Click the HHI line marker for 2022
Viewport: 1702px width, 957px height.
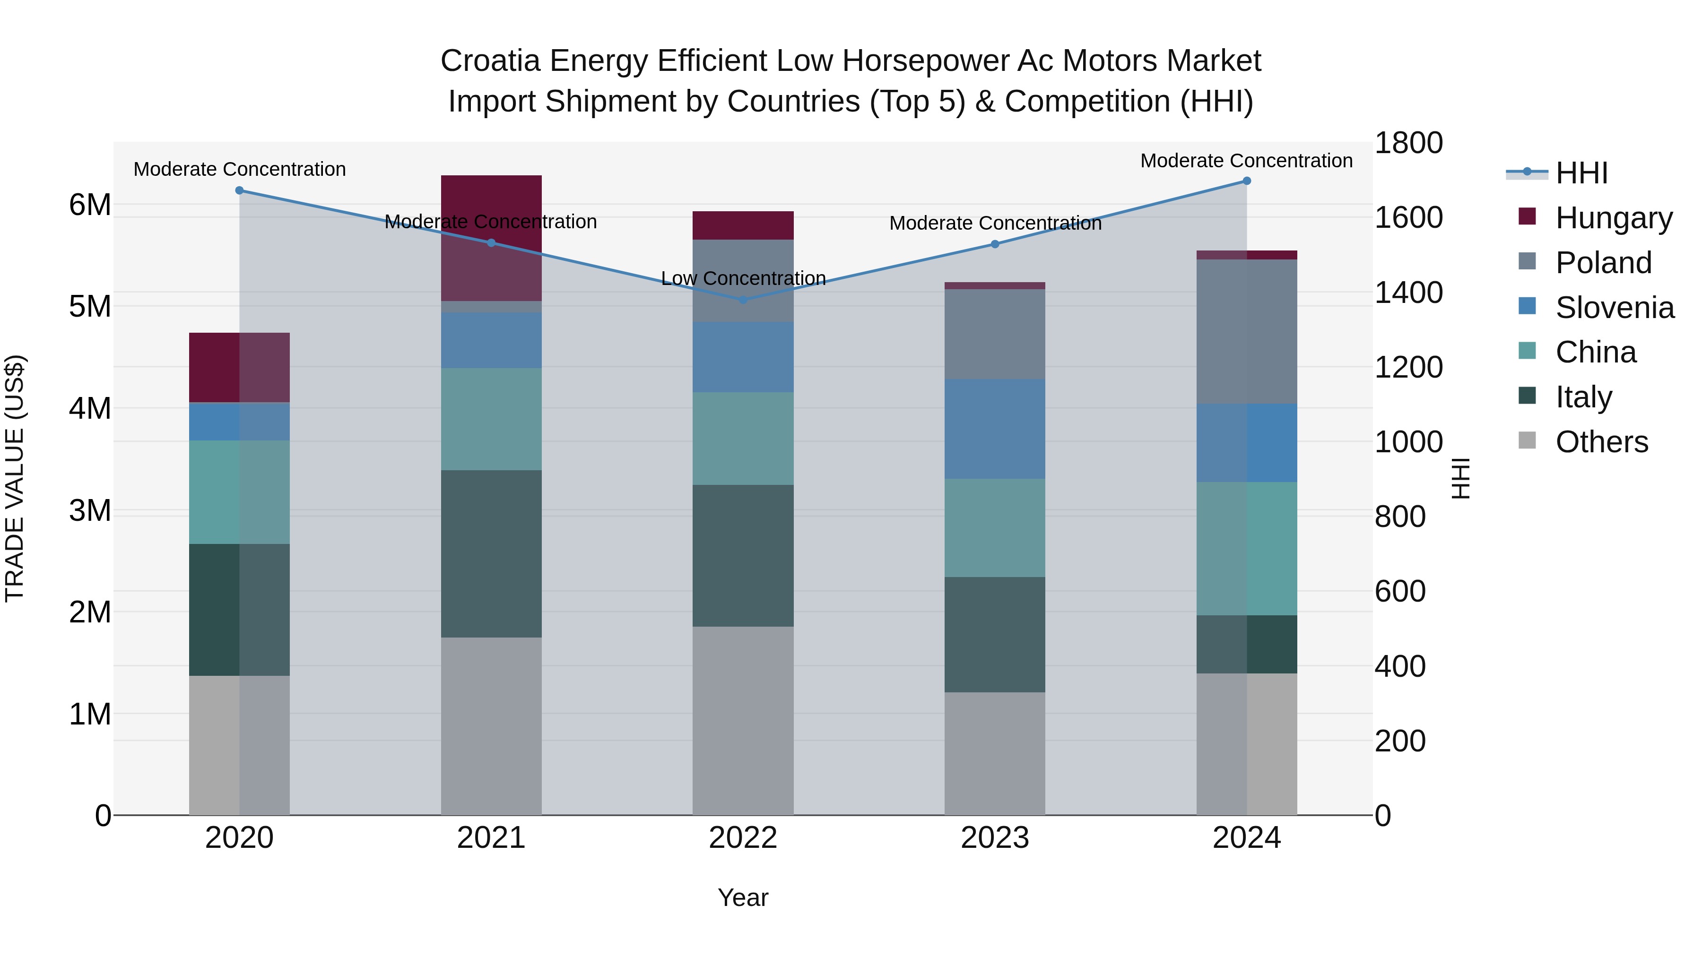pos(743,300)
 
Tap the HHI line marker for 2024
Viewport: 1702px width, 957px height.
pos(1247,181)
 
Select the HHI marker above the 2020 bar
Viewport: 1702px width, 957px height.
pos(239,191)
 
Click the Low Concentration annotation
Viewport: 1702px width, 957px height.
pos(743,279)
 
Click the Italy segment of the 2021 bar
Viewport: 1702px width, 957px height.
pos(491,553)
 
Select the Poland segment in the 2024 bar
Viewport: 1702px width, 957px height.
pos(1247,332)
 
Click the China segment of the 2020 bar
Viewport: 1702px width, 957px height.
pos(239,492)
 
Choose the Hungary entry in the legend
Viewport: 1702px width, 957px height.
pos(1613,218)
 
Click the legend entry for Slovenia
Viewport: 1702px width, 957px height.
pos(1614,308)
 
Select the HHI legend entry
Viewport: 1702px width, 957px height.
pos(1581,173)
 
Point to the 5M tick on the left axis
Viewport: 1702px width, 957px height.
pos(90,306)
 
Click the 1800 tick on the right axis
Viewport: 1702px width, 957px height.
pos(1408,143)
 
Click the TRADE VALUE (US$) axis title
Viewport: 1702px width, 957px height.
pos(15,478)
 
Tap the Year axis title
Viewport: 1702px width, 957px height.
pos(743,897)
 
